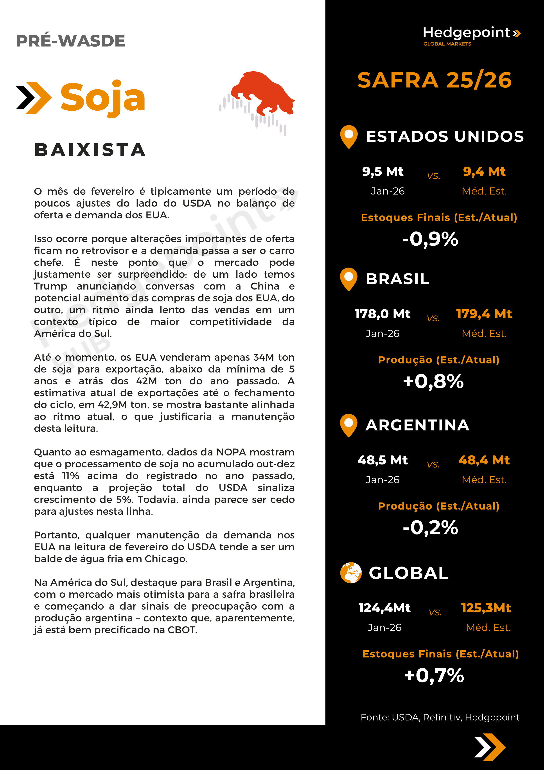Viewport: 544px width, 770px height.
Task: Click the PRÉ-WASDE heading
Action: (x=70, y=41)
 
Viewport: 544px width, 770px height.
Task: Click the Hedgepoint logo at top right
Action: (x=471, y=35)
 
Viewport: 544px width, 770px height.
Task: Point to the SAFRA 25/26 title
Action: (x=434, y=81)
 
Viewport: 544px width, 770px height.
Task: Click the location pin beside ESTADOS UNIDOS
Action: (x=349, y=136)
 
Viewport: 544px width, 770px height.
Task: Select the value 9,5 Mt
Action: (x=382, y=171)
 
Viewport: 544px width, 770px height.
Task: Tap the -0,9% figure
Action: (x=430, y=239)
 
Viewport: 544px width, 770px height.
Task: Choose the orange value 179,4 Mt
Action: (x=484, y=314)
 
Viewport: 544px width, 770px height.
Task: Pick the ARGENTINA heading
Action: (x=417, y=425)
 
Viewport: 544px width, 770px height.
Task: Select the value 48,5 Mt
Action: (x=382, y=460)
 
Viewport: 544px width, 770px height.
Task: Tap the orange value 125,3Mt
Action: (x=486, y=608)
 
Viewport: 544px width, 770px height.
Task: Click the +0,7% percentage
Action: (x=434, y=675)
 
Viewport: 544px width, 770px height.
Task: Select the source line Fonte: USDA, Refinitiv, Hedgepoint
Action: (x=440, y=717)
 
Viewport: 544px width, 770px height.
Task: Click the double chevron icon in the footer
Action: (x=490, y=747)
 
